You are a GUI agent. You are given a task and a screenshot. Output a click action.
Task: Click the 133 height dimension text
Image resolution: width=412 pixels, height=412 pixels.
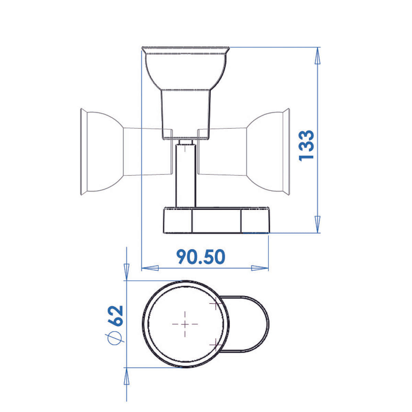(x=306, y=145)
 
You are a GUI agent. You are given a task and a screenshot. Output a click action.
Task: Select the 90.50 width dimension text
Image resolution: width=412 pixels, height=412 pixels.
(x=201, y=256)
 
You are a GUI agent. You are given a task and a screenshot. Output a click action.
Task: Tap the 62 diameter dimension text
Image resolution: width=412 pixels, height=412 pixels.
(x=116, y=315)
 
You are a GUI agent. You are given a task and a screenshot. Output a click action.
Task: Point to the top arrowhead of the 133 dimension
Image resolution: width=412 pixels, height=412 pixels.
(x=318, y=55)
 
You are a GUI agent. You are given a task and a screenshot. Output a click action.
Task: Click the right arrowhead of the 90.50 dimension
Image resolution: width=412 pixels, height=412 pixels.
(x=260, y=268)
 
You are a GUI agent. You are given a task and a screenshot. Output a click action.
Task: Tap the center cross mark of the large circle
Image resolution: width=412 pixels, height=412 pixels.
(x=185, y=324)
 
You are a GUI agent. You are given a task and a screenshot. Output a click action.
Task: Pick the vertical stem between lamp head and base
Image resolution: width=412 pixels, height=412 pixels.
(x=186, y=175)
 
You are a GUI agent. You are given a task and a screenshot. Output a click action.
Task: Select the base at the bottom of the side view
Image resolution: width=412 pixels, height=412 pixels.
(x=217, y=220)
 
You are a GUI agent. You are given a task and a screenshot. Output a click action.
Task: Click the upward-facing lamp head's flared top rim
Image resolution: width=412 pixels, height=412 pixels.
(x=186, y=50)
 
